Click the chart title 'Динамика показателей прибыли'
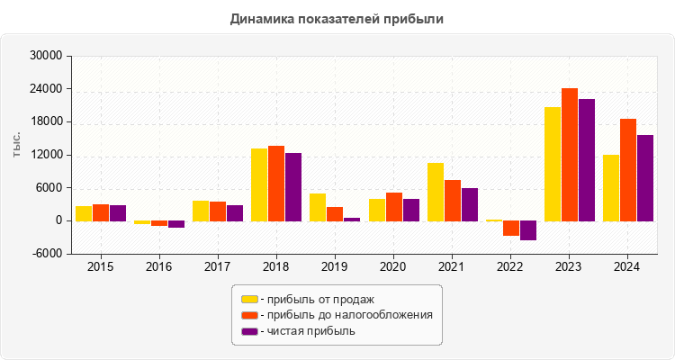337,18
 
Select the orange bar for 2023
570,154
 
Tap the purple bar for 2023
587,159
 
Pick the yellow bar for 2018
259,184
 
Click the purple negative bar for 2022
528,230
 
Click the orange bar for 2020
394,206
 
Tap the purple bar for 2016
176,224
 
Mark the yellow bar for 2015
83,213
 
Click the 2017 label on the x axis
218,267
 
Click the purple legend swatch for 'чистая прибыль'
249,331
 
